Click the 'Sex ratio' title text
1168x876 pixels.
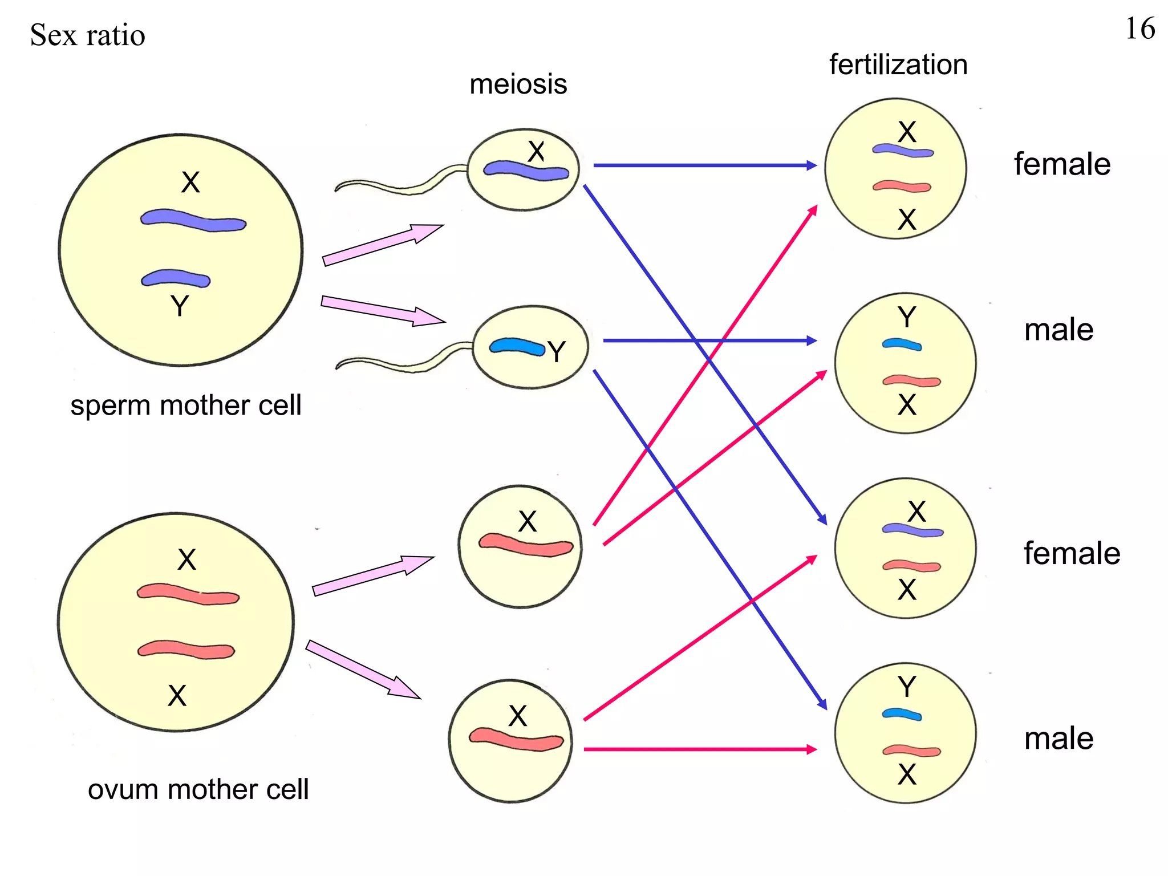(x=87, y=35)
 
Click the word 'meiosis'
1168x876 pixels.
(x=518, y=84)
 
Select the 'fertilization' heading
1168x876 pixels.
(x=898, y=64)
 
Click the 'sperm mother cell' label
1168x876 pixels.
(x=185, y=405)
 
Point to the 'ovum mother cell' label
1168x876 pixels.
(x=198, y=790)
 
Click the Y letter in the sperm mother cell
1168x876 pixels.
(x=180, y=306)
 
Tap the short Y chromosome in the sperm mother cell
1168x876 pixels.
(x=176, y=278)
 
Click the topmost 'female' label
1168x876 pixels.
(x=1062, y=164)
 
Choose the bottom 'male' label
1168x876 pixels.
(x=1058, y=739)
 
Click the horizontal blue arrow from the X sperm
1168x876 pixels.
(x=704, y=165)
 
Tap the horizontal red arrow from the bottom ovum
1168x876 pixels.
(x=699, y=749)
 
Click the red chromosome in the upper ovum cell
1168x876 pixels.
(x=525, y=545)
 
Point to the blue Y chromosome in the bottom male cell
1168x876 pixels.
(x=901, y=714)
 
